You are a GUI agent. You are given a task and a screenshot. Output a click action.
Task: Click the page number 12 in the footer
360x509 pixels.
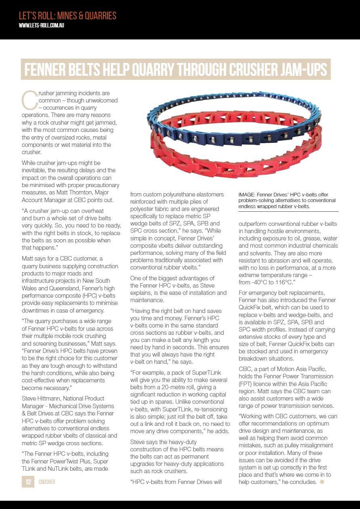pos(28,482)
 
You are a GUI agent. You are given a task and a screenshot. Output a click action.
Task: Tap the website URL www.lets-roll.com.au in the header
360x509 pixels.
pos(42,25)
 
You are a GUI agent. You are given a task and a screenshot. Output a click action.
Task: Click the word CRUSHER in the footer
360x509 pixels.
pos(47,482)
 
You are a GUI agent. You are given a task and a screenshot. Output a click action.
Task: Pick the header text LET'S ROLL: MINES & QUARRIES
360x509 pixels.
pos(67,16)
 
